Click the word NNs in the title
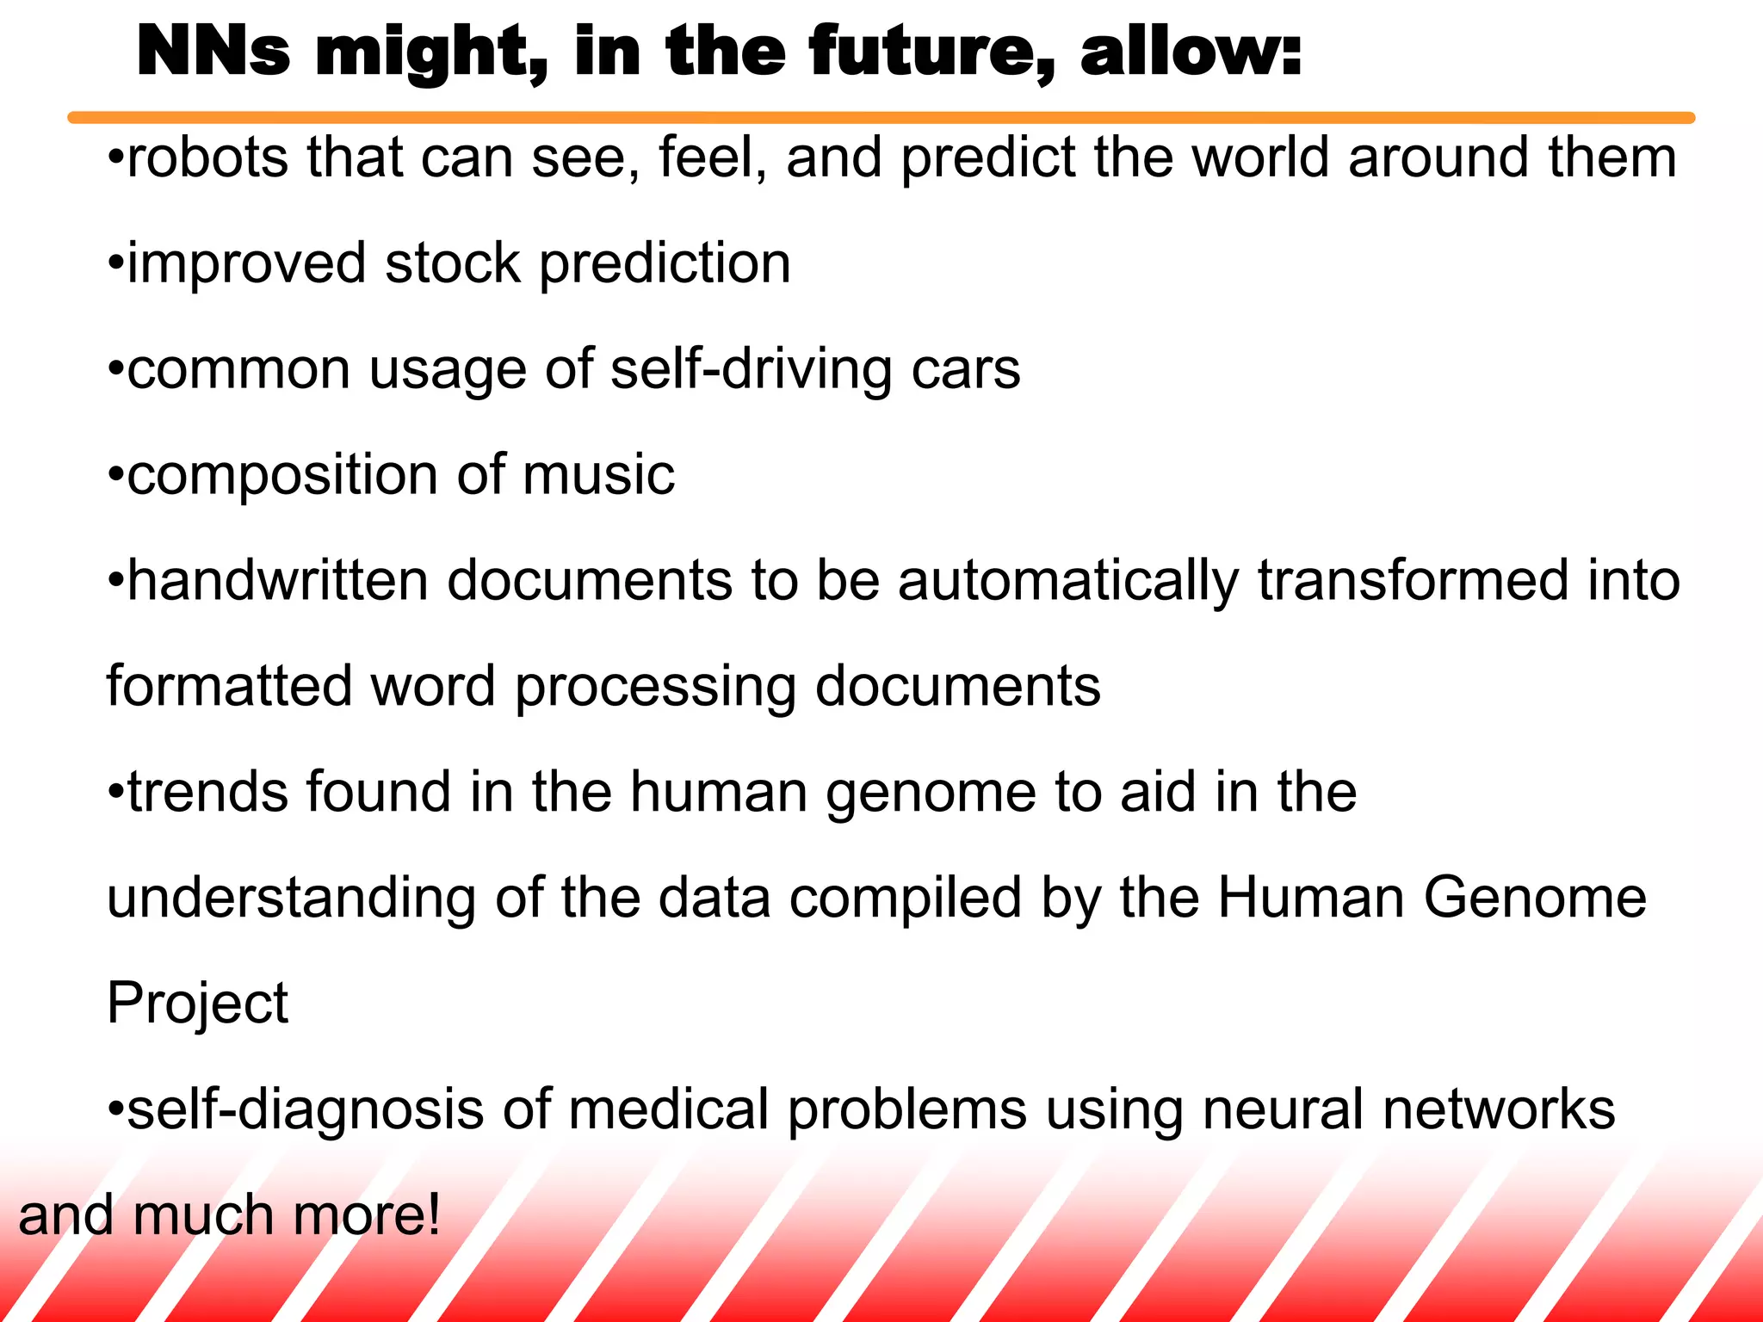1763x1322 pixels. pos(213,52)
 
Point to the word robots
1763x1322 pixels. pos(207,158)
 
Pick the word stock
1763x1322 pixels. pos(453,263)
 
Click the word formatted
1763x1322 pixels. pos(229,687)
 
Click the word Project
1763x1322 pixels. pos(197,1004)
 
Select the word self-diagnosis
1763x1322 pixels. pos(306,1110)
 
